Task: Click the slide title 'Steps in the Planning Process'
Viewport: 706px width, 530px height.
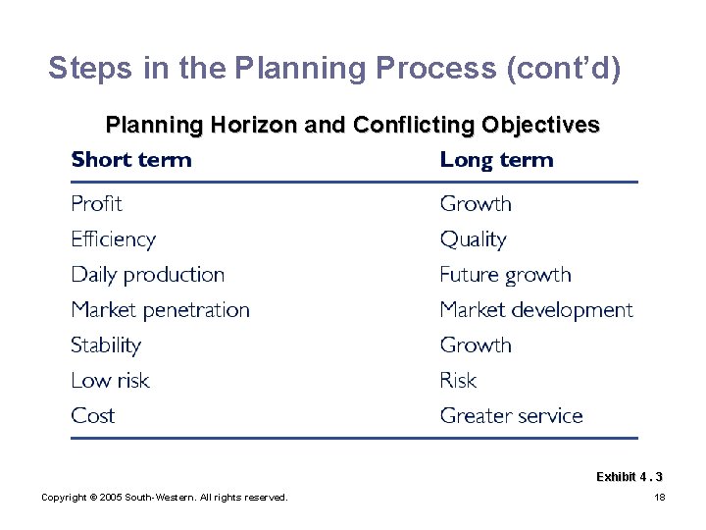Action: coord(333,68)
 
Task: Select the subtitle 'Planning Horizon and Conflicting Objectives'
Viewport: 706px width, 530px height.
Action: coord(352,126)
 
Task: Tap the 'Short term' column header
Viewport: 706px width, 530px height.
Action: coord(131,160)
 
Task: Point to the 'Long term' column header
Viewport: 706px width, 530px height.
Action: coord(496,160)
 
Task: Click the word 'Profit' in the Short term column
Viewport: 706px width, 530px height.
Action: coord(96,204)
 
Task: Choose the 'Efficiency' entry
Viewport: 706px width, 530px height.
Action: coord(113,239)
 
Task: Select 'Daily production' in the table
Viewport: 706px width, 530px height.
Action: coord(147,275)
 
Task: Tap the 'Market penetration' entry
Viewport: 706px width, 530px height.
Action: coord(160,310)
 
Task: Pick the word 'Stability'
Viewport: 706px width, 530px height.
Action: coord(106,345)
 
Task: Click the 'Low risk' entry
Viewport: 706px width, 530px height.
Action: coord(110,381)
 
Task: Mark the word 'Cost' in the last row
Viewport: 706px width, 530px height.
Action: coord(93,416)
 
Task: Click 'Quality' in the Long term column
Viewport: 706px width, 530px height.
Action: coord(473,239)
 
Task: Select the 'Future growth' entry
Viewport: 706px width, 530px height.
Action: coord(505,275)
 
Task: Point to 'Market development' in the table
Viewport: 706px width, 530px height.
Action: coord(536,310)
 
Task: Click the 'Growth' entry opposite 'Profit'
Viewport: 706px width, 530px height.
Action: coord(476,204)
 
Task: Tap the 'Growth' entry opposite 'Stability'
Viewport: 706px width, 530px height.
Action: coord(476,345)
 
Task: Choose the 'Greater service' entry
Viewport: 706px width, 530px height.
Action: coord(511,416)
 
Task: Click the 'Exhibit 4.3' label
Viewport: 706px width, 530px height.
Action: coord(629,477)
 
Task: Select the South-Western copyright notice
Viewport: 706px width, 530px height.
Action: coord(164,498)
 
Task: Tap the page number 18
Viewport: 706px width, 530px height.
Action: coord(659,498)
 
